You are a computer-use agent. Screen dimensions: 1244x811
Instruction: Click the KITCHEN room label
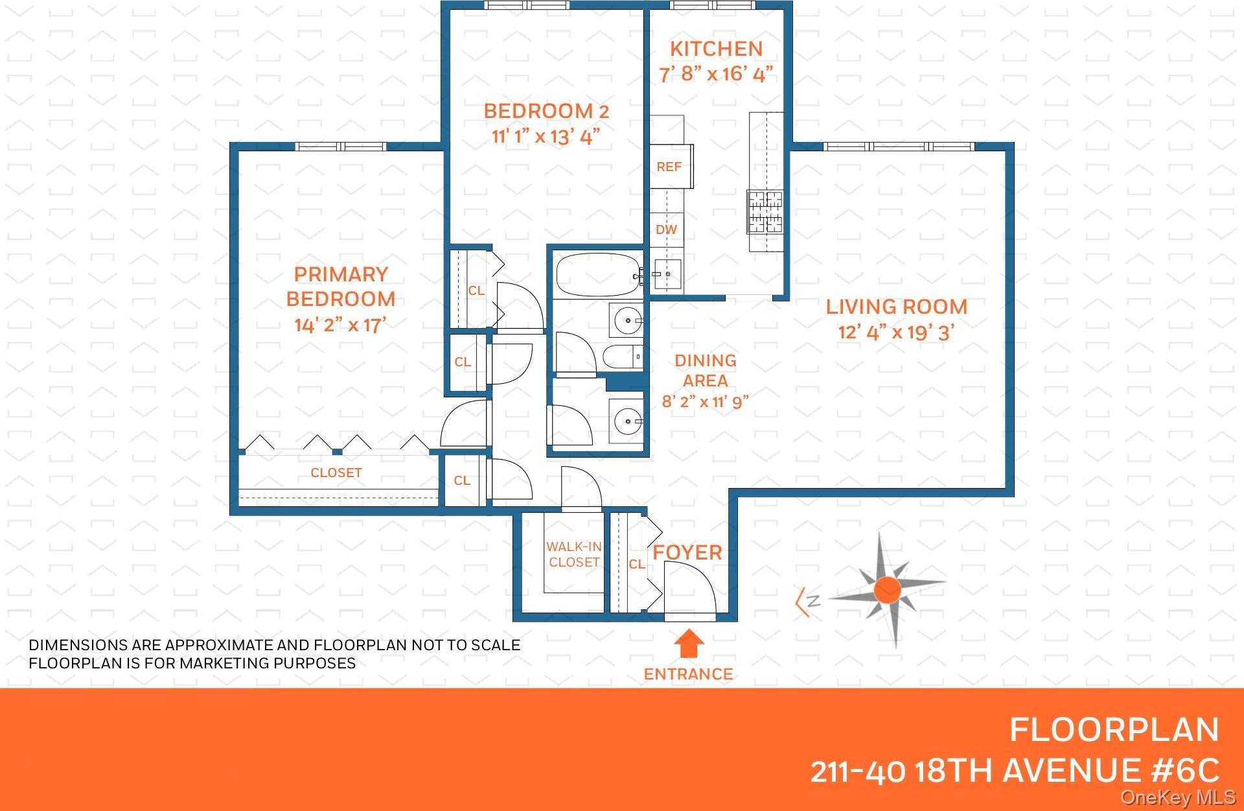[716, 49]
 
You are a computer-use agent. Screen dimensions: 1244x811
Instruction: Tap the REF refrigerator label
[669, 167]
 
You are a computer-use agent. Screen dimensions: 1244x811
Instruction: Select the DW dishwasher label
[666, 229]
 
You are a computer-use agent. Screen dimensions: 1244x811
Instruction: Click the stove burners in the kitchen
[765, 211]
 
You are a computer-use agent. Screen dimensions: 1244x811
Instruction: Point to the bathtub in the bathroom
[597, 275]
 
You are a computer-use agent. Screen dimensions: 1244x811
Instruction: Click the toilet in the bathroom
[622, 357]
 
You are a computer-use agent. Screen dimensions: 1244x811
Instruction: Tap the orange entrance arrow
[689, 644]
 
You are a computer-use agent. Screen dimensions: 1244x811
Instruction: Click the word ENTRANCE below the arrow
[688, 674]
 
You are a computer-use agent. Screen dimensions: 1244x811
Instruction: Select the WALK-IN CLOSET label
[574, 555]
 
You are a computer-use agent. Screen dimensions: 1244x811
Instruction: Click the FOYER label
[687, 552]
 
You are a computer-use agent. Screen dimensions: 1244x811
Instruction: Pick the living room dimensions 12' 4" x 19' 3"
[896, 333]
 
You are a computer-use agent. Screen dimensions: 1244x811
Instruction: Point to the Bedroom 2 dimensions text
[546, 137]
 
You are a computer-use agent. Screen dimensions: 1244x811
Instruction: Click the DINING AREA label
[706, 370]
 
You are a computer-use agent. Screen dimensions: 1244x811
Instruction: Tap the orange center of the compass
[887, 590]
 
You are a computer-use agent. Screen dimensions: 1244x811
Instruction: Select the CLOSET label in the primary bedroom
[336, 473]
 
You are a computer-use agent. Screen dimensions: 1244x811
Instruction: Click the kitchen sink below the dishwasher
[666, 274]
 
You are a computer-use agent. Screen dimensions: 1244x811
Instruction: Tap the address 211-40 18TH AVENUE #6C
[1015, 771]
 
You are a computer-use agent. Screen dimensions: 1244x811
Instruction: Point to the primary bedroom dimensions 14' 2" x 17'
[340, 325]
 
